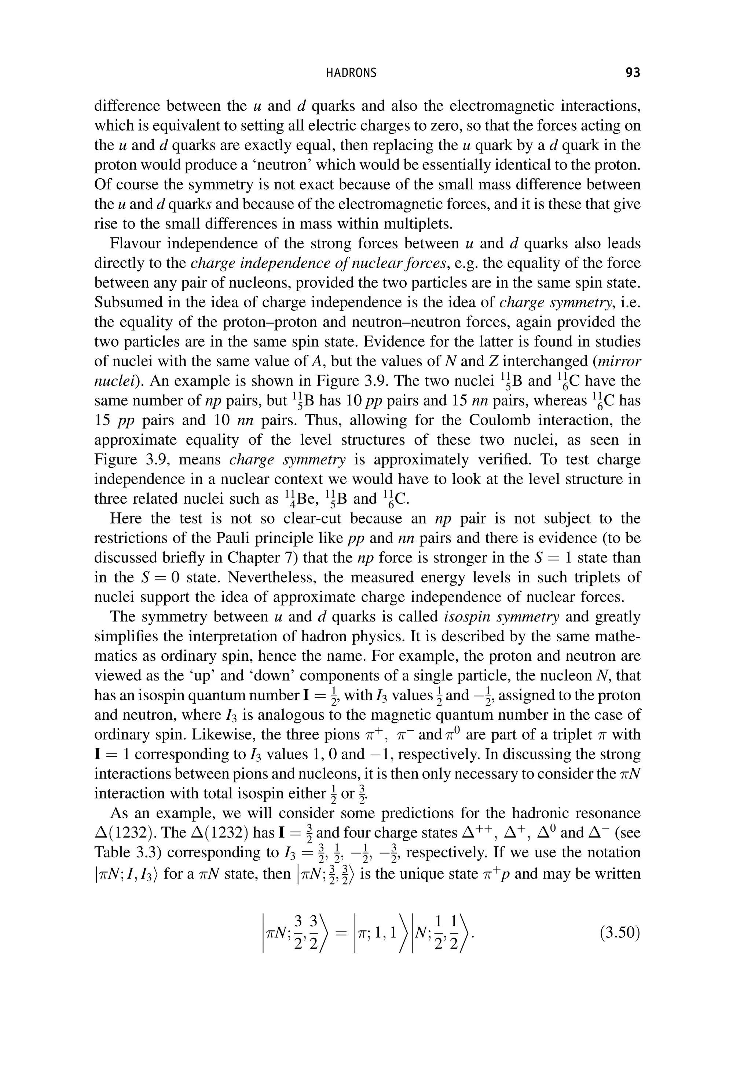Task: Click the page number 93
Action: (633, 73)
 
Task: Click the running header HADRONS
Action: (352, 73)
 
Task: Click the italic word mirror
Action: (622, 361)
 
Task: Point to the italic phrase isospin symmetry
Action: (502, 617)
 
